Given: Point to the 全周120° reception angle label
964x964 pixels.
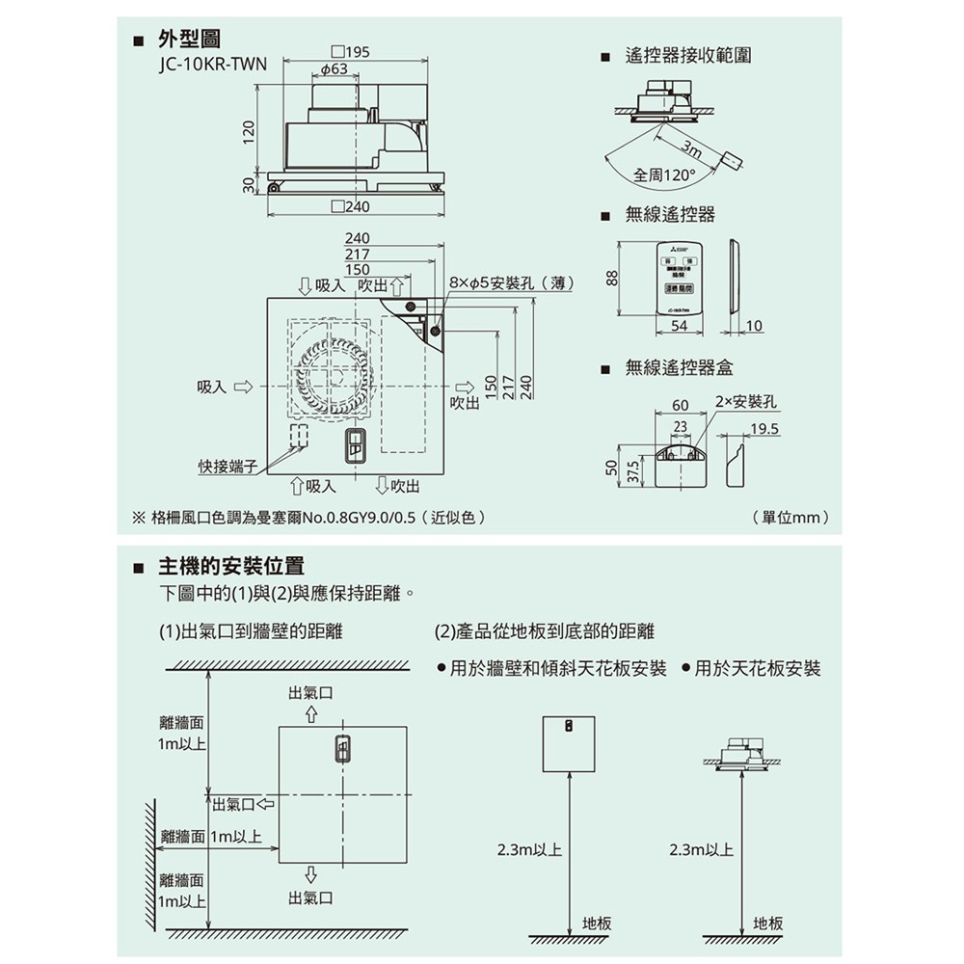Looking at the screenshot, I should point(665,175).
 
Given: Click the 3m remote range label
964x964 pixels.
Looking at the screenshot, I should point(691,148).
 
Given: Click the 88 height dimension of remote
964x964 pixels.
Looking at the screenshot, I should point(610,278).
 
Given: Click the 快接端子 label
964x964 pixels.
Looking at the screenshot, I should point(228,467).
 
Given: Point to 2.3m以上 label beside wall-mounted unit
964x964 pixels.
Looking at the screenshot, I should point(529,850).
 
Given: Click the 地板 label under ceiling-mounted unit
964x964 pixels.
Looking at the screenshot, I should point(768,924).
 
